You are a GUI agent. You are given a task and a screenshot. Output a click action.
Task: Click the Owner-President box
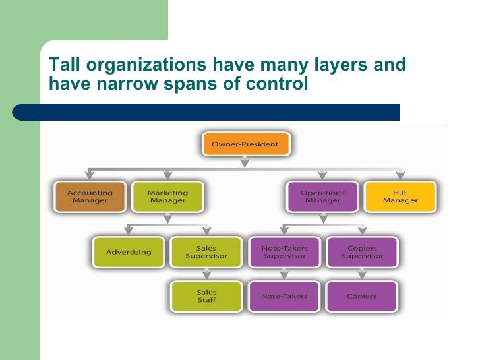coord(245,144)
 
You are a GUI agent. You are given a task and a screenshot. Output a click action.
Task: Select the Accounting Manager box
coord(90,196)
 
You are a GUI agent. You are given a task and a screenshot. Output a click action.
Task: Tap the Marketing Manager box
coord(167,196)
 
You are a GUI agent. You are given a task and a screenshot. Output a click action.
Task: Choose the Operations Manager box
coord(322,196)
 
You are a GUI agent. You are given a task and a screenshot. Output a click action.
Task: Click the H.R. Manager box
coord(400,196)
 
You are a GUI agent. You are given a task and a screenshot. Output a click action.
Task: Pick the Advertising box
coord(129,252)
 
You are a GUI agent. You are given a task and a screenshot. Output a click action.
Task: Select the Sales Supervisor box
coord(206,252)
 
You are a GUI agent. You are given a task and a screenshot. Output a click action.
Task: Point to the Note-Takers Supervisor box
coord(284,252)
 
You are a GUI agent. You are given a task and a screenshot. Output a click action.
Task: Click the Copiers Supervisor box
coord(362,252)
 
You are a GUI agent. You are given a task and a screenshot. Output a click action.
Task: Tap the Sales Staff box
coord(206,296)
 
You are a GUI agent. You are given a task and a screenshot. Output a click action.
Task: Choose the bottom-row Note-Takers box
coord(284,296)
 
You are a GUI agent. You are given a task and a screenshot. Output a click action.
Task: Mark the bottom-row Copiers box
coord(362,296)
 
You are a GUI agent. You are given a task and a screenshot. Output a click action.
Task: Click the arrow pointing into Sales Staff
coord(206,276)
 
